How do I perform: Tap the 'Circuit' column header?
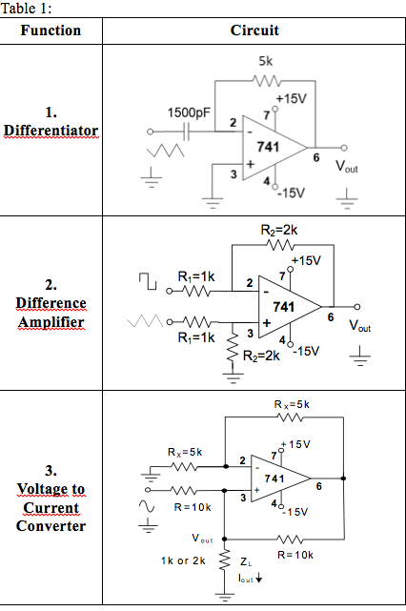[254, 31]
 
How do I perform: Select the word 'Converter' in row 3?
[51, 525]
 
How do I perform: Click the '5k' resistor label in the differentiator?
[266, 61]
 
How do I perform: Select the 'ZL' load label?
[244, 561]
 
